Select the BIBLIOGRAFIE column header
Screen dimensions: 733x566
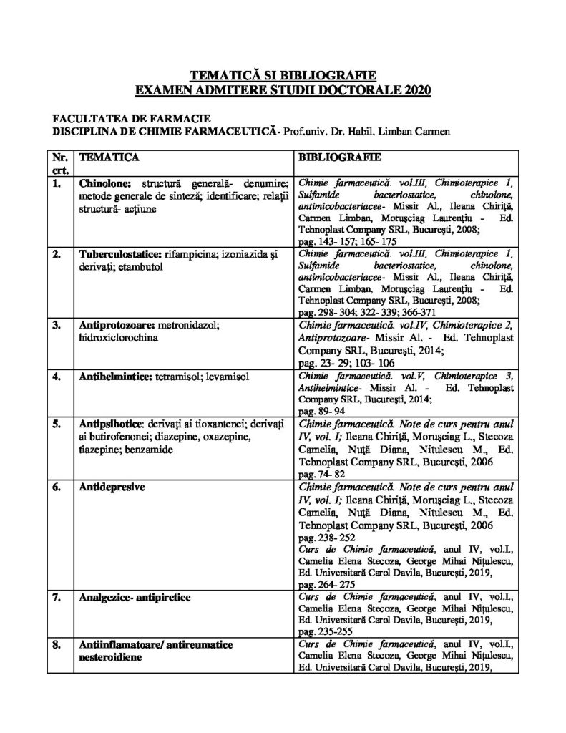333,156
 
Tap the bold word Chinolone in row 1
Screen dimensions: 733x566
106,184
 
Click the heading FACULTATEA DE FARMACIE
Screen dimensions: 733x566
120,118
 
